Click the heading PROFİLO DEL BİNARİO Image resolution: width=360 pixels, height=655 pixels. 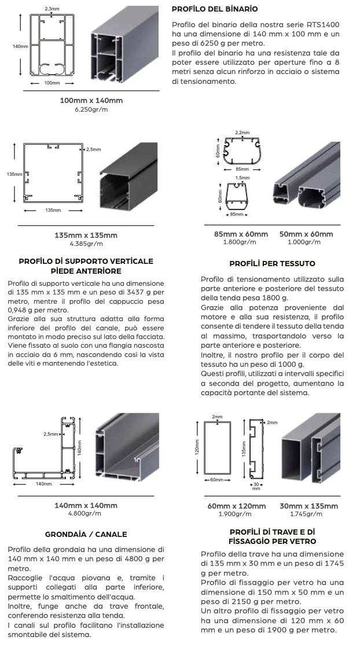click(215, 9)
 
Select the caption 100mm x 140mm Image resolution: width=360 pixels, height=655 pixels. click(91, 101)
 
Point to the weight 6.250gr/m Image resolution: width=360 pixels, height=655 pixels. click(91, 109)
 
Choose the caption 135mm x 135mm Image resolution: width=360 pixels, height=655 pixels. click(86, 235)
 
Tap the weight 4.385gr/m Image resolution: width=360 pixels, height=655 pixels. click(86, 244)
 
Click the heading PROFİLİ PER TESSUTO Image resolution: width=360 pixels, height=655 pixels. click(272, 263)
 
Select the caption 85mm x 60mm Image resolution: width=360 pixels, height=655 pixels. click(241, 234)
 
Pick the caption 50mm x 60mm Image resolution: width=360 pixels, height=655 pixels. click(306, 234)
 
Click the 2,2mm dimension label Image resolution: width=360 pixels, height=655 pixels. click(242, 133)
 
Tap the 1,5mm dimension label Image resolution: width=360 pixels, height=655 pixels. click(243, 178)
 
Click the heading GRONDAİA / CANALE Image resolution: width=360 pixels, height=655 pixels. click(86, 534)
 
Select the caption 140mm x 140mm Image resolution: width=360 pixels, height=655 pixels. click(86, 505)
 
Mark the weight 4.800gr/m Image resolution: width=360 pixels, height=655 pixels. click(85, 513)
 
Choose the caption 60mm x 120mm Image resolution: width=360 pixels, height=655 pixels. click(237, 506)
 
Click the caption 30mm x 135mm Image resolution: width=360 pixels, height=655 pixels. click(308, 506)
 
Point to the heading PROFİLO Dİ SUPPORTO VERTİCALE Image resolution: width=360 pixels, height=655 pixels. click(86, 261)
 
